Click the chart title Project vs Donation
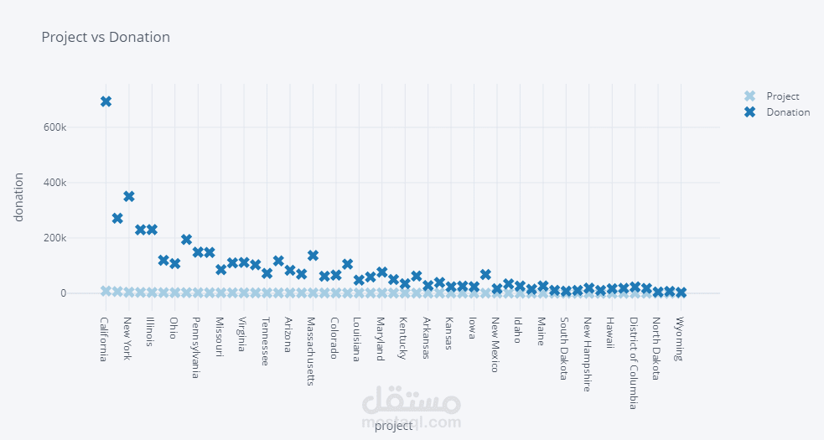click(x=106, y=38)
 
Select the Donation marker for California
click(x=106, y=101)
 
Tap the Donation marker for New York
click(x=129, y=196)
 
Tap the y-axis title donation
click(x=18, y=197)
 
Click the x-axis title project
click(x=393, y=426)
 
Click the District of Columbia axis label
click(x=634, y=362)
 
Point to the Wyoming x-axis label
click(x=680, y=338)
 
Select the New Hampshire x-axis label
click(x=588, y=354)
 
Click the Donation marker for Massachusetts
click(x=313, y=256)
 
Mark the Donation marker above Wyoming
click(x=681, y=292)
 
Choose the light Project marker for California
click(x=106, y=291)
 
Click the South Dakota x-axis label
click(x=565, y=348)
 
